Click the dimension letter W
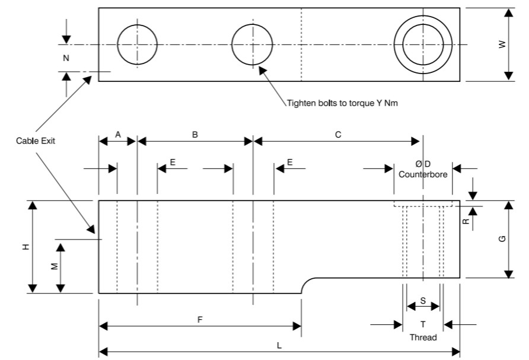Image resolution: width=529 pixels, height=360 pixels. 503,44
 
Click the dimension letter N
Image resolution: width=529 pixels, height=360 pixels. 66,58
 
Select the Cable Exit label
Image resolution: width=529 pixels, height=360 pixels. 34,141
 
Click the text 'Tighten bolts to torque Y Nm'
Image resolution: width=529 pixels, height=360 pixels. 342,103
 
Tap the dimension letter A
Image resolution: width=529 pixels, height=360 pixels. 117,135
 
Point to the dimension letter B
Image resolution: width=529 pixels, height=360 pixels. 195,135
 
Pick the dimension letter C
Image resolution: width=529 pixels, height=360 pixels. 338,135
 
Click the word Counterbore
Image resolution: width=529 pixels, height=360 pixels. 423,175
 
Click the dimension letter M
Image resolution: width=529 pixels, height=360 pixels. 55,267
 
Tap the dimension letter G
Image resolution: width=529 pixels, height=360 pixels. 502,238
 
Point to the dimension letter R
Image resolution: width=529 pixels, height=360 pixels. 466,221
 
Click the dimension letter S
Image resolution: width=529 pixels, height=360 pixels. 423,301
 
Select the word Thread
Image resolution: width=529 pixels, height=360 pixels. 423,337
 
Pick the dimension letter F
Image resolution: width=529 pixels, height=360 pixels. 200,320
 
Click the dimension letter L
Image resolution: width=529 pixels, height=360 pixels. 279,345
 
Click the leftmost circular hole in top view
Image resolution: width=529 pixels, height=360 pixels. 137,44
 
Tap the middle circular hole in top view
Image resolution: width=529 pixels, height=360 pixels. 252,44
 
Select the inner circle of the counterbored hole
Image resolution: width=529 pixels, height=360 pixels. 423,44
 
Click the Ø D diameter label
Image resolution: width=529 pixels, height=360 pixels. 423,164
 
